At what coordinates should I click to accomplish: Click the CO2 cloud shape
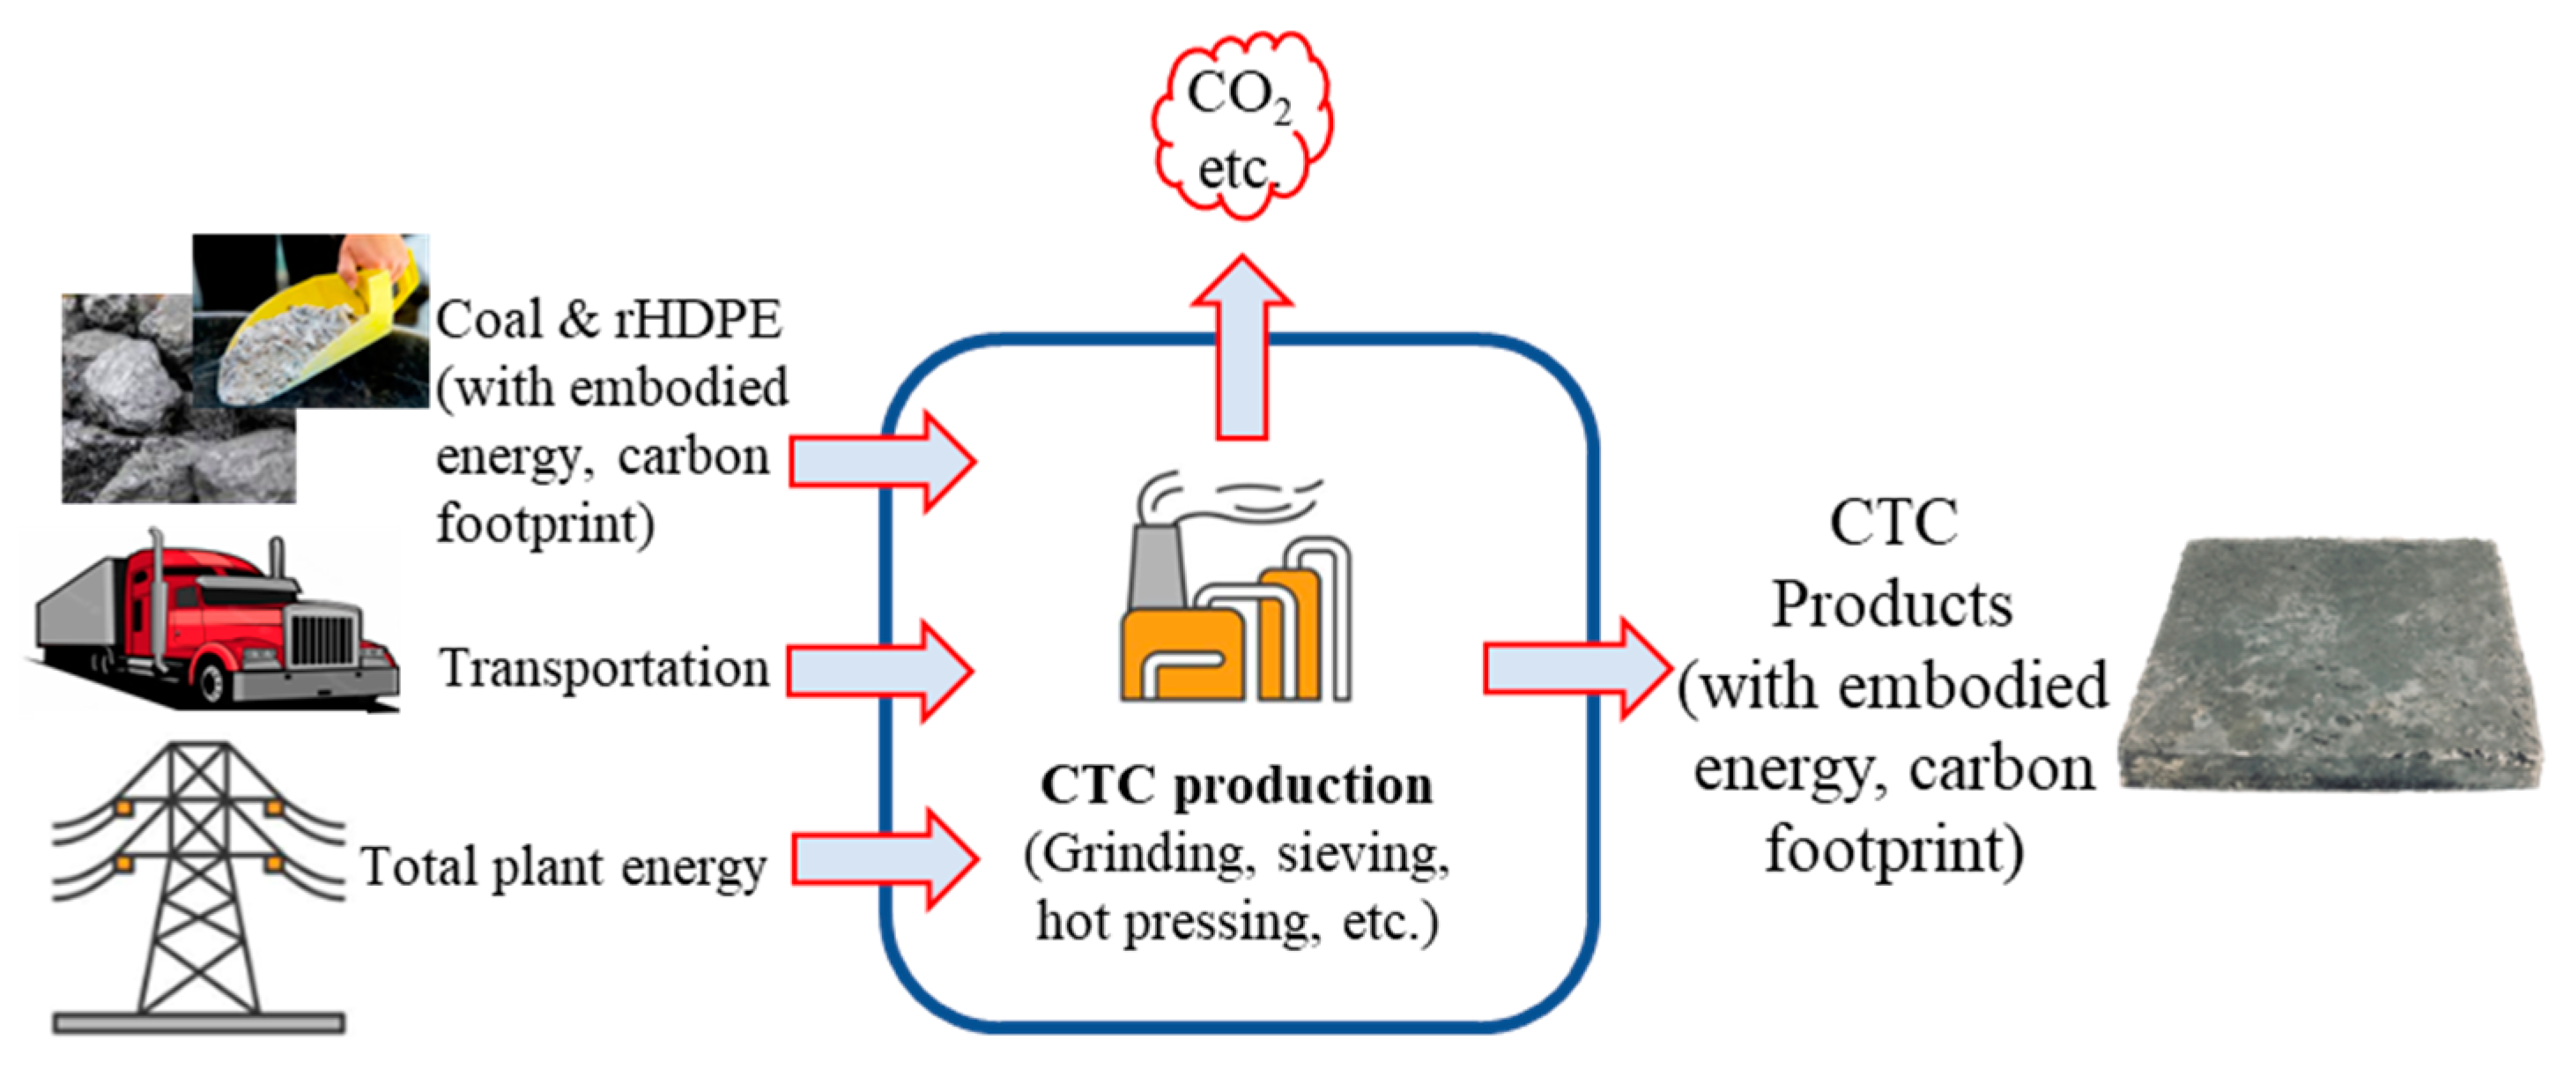point(1241,125)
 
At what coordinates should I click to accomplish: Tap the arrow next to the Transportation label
point(878,670)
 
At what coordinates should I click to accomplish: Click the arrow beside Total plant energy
point(883,858)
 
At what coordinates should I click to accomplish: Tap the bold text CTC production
point(1235,785)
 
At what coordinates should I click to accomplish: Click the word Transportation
point(604,668)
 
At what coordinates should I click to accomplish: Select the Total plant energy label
point(564,865)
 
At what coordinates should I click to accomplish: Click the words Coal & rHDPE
point(609,319)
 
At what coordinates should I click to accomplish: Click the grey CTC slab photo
point(2330,664)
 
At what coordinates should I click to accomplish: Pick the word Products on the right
point(1892,605)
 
